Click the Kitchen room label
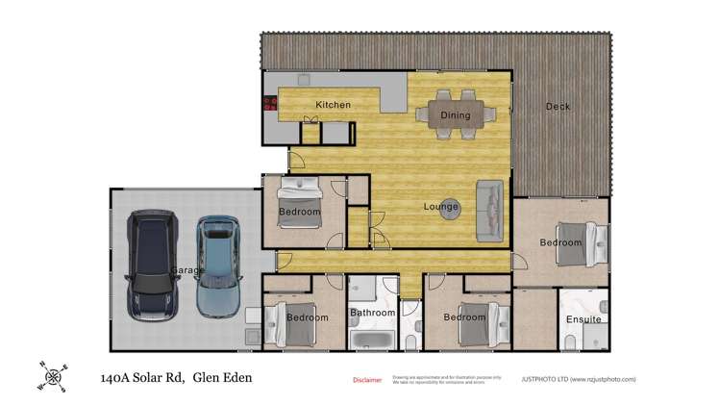pos(333,104)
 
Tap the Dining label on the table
pos(456,115)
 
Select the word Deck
pos(558,107)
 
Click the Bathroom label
pos(372,313)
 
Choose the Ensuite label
pos(583,319)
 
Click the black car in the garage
pos(152,264)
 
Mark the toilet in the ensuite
pos(570,341)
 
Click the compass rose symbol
pos(53,376)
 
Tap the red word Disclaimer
pos(367,380)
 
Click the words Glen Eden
pos(222,378)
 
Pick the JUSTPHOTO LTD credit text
pos(578,380)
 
